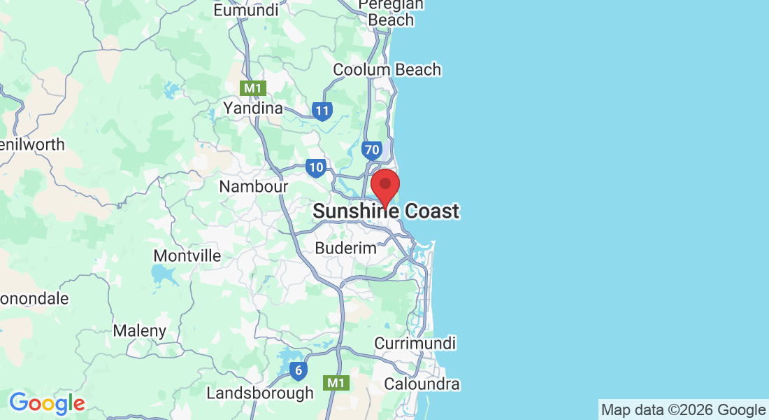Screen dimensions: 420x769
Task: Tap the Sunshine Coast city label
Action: click(386, 211)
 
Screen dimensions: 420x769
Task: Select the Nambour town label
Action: click(254, 187)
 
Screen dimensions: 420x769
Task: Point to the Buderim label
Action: click(345, 248)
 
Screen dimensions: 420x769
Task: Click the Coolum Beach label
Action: click(387, 69)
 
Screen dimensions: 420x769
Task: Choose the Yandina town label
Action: click(252, 108)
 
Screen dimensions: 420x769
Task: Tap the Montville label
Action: click(187, 255)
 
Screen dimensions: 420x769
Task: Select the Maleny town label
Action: click(140, 330)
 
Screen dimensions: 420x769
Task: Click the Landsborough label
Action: click(260, 393)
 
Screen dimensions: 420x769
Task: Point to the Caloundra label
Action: click(422, 384)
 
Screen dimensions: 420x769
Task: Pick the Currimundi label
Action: click(415, 344)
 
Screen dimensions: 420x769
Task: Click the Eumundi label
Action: click(245, 10)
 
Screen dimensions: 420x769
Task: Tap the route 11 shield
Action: click(322, 111)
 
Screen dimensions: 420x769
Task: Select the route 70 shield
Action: click(371, 150)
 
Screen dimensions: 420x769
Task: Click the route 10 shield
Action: click(315, 167)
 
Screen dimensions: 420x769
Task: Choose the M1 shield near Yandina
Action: click(252, 88)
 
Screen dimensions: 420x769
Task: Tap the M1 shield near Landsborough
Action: click(336, 382)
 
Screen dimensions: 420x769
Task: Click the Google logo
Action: click(47, 403)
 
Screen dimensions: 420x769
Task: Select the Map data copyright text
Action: click(683, 410)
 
